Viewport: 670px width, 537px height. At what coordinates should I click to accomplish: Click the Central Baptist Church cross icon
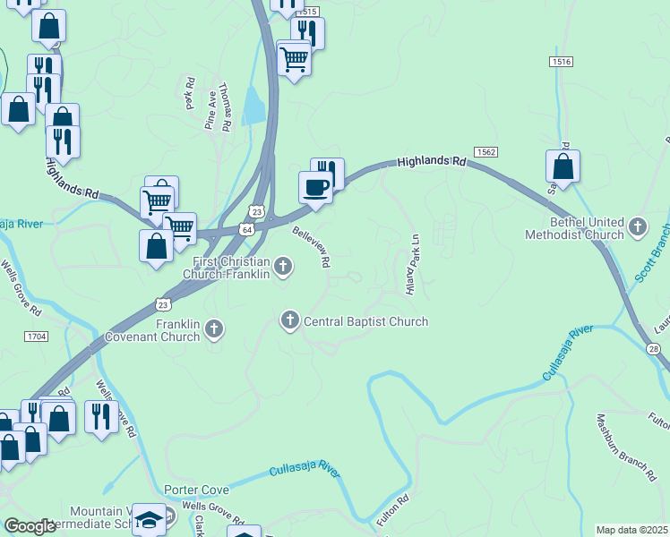pos(289,320)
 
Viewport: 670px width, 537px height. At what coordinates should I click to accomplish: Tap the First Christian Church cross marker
pos(283,265)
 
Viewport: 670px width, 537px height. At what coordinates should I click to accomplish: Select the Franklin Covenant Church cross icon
pos(213,329)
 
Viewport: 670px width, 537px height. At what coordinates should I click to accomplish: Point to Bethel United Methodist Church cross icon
pos(638,226)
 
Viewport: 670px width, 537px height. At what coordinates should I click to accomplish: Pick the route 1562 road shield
pos(486,152)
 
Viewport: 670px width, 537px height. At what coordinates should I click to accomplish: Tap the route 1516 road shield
pos(562,61)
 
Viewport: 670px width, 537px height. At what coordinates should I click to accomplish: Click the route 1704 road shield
pos(37,336)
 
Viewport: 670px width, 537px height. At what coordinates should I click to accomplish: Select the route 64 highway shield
pos(245,230)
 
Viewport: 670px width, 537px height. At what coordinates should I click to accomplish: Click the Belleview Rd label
pos(312,245)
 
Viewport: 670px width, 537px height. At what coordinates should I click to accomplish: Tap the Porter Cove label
pos(196,490)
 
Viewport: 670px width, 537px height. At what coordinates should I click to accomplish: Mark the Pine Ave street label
pos(210,110)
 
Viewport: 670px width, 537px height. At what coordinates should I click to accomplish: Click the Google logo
pos(30,526)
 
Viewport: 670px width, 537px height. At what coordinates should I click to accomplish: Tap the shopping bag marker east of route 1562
pos(563,166)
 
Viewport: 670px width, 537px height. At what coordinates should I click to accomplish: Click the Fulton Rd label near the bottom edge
pos(393,511)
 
